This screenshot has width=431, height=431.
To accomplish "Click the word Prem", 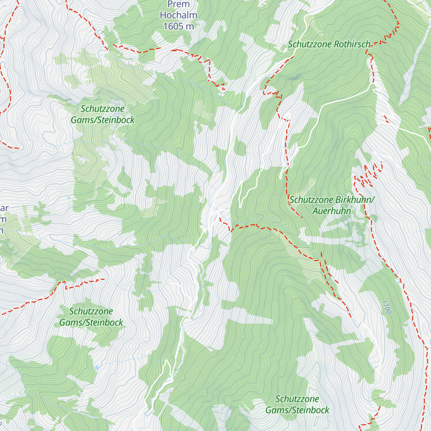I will point(179,4).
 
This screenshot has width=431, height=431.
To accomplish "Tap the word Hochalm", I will point(179,15).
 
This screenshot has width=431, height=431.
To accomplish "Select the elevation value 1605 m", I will point(179,26).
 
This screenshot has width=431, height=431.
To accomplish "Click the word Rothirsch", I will point(352,44).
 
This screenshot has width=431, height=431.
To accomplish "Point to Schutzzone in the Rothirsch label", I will point(310,44).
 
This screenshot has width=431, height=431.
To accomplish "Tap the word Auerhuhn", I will point(332,211).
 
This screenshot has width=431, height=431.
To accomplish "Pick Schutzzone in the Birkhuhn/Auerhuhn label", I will point(311,200).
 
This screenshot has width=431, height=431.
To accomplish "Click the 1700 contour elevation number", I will point(386,307).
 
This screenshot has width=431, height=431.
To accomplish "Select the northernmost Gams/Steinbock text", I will point(102,120).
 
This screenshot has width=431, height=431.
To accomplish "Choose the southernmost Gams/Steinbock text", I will point(297,410).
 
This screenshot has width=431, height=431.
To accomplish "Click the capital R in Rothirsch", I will point(336,44).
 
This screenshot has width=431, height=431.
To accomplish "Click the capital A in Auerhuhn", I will point(315,211).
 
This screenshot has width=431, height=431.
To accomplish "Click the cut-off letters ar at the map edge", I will point(4,208).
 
